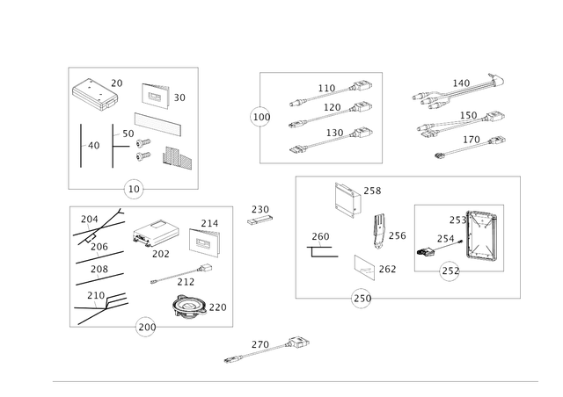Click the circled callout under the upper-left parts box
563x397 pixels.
point(132,187)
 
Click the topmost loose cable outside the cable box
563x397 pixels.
point(457,87)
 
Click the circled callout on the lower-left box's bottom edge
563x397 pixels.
point(144,327)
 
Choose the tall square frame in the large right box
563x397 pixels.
point(346,200)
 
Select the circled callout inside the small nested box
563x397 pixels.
point(449,274)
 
